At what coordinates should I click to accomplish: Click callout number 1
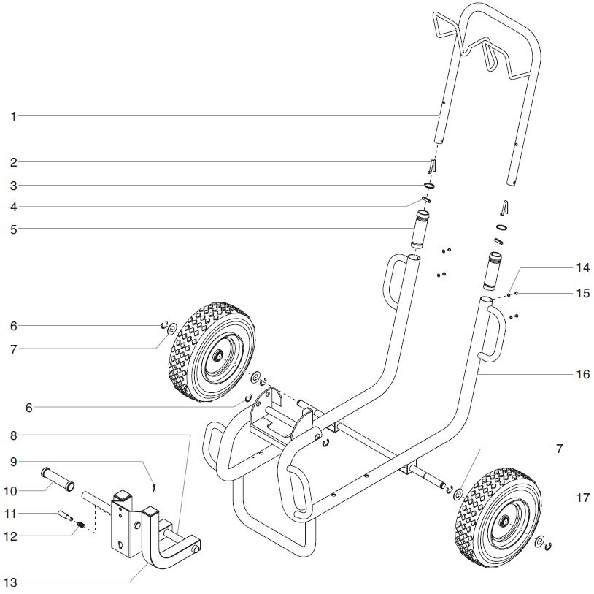tap(13, 115)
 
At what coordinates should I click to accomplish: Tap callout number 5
tap(13, 229)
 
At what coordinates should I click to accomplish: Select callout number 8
tap(13, 435)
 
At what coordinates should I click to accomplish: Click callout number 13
tap(13, 582)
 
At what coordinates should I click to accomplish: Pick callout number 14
tap(582, 267)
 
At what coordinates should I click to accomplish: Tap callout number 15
tap(582, 293)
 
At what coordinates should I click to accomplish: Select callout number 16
tap(582, 373)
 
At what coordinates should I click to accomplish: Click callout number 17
tap(582, 498)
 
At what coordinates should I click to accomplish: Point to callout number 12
tap(13, 536)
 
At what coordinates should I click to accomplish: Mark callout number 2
tap(13, 161)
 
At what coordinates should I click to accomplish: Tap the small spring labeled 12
tap(82, 525)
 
